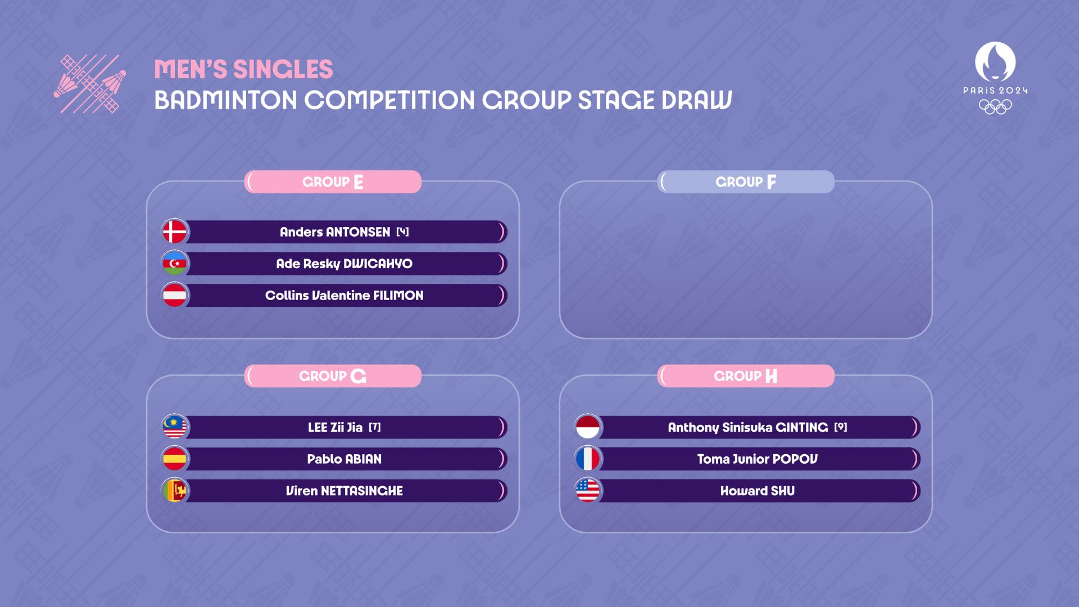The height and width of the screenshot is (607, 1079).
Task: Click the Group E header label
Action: point(333,182)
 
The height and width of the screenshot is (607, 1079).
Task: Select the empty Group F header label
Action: point(746,182)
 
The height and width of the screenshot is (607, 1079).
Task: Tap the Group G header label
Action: point(333,376)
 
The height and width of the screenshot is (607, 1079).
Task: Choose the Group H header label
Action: point(746,376)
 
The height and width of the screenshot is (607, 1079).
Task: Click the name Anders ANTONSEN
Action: point(335,232)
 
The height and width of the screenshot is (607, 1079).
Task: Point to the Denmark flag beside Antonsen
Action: point(175,232)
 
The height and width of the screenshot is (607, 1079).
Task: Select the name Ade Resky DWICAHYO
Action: point(344,264)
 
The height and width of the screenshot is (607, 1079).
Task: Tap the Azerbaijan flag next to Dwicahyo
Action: point(175,264)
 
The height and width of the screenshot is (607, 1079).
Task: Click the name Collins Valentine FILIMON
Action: point(344,296)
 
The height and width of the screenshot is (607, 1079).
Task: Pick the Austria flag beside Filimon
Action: point(175,295)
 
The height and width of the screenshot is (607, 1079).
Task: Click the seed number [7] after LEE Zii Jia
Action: point(375,427)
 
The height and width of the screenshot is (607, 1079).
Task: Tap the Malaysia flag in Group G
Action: point(175,427)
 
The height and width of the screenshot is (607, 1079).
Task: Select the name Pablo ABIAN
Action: point(344,459)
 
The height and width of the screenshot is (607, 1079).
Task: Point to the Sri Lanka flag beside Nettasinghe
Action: point(175,491)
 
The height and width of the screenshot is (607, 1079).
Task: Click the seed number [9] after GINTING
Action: point(841,427)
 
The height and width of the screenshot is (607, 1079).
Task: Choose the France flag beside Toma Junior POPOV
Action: point(588,459)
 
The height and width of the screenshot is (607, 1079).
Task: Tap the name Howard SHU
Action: point(758,491)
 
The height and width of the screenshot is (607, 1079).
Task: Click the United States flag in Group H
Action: point(588,491)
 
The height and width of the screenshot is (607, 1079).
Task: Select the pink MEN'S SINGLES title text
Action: point(243,70)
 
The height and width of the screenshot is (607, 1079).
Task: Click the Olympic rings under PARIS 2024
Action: point(995,106)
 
